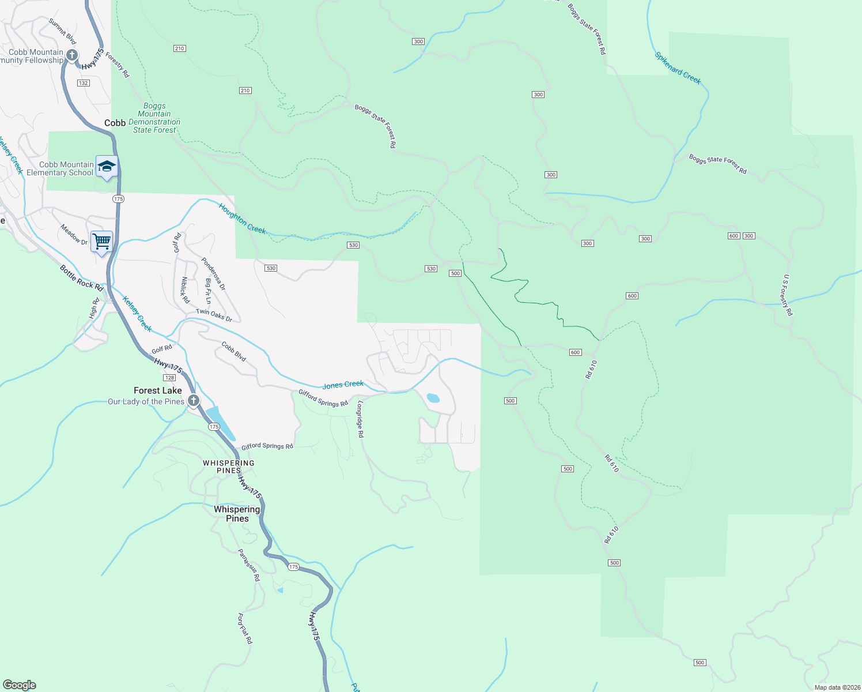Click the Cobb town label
(x=115, y=123)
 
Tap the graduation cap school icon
(x=107, y=167)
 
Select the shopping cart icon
(x=101, y=240)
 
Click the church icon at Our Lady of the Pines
(x=194, y=400)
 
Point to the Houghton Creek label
(x=242, y=219)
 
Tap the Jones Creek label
(x=343, y=385)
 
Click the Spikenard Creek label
(x=678, y=68)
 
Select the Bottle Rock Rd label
(x=81, y=277)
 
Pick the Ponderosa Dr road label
(x=213, y=274)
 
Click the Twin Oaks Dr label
(x=214, y=315)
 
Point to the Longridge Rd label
(x=360, y=419)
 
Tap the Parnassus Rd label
(x=249, y=565)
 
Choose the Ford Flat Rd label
(x=245, y=628)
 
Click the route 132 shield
(x=84, y=83)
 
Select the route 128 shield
(x=169, y=378)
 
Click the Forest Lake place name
(x=158, y=390)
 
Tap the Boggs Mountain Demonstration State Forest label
(x=154, y=118)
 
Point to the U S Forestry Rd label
(x=788, y=295)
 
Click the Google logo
(x=20, y=685)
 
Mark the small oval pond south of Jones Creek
(x=433, y=398)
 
